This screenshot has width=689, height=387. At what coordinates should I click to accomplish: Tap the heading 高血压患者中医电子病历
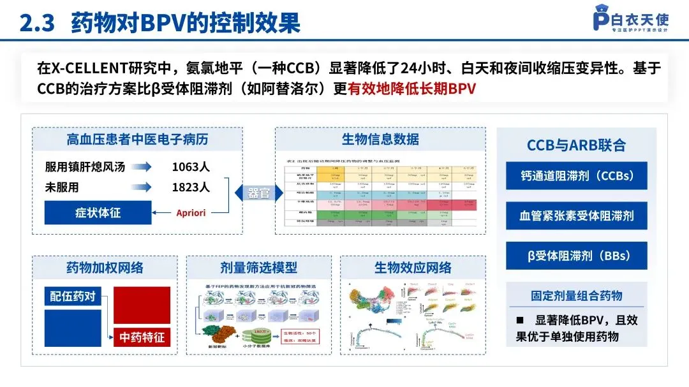click(x=137, y=139)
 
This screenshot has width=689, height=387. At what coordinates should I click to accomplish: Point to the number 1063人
click(x=191, y=167)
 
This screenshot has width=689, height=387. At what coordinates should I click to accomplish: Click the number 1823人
click(x=191, y=187)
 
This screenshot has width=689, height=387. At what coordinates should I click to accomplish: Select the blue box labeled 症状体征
click(x=98, y=212)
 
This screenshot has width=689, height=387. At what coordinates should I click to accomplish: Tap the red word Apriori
click(x=191, y=212)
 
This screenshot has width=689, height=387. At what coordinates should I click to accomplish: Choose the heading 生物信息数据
click(x=380, y=139)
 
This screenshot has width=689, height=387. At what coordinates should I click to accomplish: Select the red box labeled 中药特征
click(x=142, y=336)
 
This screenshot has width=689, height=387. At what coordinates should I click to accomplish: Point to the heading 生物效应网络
click(x=413, y=267)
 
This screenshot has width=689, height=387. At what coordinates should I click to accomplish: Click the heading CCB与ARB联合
click(x=576, y=145)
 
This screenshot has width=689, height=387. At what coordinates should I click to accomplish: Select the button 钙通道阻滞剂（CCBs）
click(x=576, y=176)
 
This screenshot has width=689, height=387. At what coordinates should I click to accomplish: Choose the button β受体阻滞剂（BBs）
click(x=576, y=256)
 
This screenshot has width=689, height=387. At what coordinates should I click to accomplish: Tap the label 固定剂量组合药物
click(x=576, y=295)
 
